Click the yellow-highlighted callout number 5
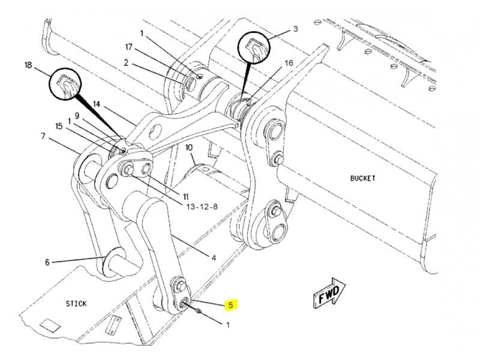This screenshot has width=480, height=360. [230, 305]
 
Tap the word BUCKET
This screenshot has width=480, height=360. [363, 178]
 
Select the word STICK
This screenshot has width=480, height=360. [76, 304]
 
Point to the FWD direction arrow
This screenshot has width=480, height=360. [329, 292]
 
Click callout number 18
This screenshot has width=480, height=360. [28, 65]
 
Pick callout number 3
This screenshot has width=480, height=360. [295, 29]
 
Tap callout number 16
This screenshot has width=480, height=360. [289, 63]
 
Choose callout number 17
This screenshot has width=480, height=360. [129, 47]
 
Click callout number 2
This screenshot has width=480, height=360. [126, 63]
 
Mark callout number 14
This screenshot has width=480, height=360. [97, 104]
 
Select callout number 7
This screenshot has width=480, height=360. [43, 136]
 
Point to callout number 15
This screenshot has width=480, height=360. [59, 126]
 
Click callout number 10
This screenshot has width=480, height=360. [189, 148]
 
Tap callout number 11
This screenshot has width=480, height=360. [185, 197]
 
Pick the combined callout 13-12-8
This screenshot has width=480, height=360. [202, 206]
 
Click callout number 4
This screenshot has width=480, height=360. [214, 258]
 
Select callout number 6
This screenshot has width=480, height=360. [47, 262]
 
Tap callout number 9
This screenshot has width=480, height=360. [77, 116]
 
